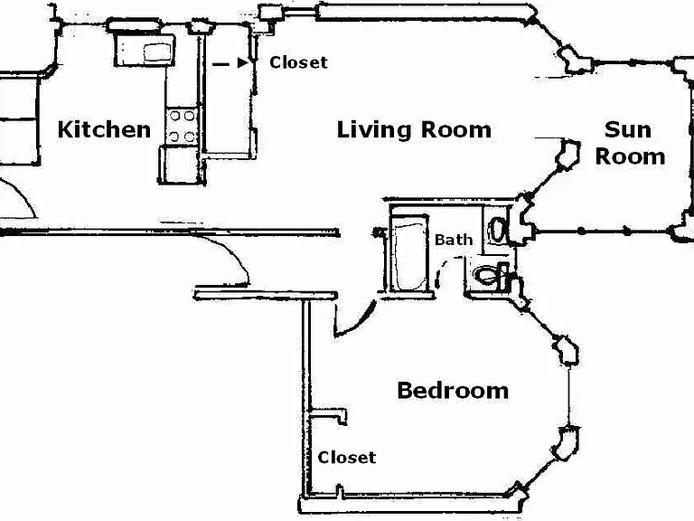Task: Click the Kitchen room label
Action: point(105,129)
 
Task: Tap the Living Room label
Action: point(414,130)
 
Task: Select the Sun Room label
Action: point(630,143)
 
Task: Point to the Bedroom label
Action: point(453,391)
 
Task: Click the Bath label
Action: point(454,240)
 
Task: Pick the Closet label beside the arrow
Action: point(299,62)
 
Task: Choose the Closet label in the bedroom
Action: point(347,457)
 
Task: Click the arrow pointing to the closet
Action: point(230,63)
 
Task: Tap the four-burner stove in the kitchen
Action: point(182,127)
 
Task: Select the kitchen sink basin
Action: point(156,52)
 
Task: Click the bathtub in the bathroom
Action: point(409,253)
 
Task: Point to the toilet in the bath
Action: point(490,275)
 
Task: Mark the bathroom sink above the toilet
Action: point(498,230)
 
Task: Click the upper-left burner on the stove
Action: point(174,116)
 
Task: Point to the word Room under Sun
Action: point(630,156)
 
